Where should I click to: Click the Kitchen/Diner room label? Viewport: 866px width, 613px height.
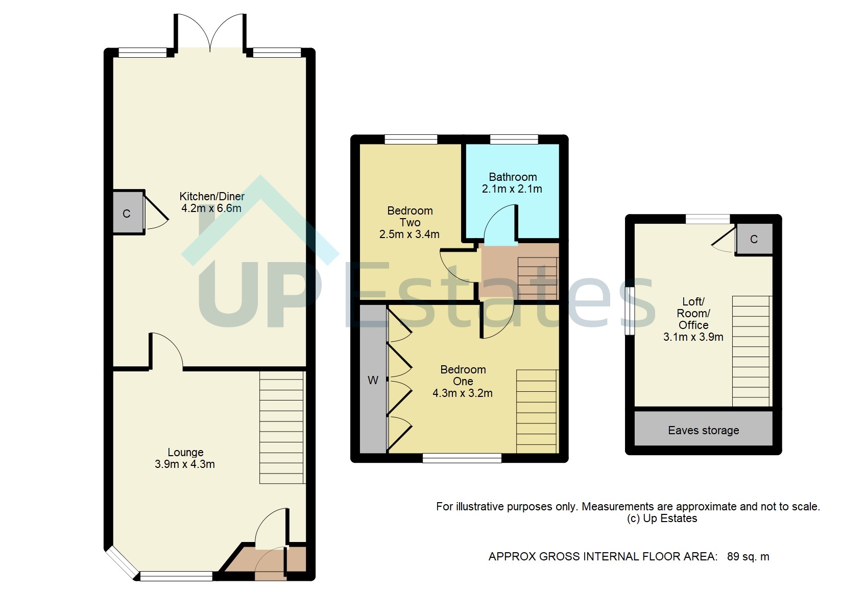[x=211, y=196]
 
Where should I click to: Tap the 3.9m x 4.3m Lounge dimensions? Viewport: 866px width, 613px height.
[x=184, y=464]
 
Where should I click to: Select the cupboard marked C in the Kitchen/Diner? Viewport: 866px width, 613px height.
[x=127, y=213]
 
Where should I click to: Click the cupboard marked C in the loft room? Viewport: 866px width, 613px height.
[x=754, y=239]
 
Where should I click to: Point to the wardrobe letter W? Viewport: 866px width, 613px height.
[x=373, y=380]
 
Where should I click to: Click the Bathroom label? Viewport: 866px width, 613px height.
[x=513, y=177]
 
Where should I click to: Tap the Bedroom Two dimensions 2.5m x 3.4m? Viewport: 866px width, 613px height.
[x=409, y=234]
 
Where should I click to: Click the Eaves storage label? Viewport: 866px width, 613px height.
[x=703, y=430]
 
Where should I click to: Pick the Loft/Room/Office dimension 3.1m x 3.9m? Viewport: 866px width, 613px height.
[x=693, y=337]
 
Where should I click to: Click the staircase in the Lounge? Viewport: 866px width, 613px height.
[x=281, y=427]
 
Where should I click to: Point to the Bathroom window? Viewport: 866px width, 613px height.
[x=514, y=139]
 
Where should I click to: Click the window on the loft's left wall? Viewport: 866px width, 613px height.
[x=630, y=311]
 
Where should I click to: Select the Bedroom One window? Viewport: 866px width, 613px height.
[x=462, y=459]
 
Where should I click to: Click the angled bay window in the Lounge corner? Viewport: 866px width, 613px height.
[x=122, y=563]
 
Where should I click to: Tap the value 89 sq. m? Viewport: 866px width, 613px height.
[x=748, y=556]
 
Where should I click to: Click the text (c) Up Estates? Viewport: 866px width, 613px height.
[x=662, y=518]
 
